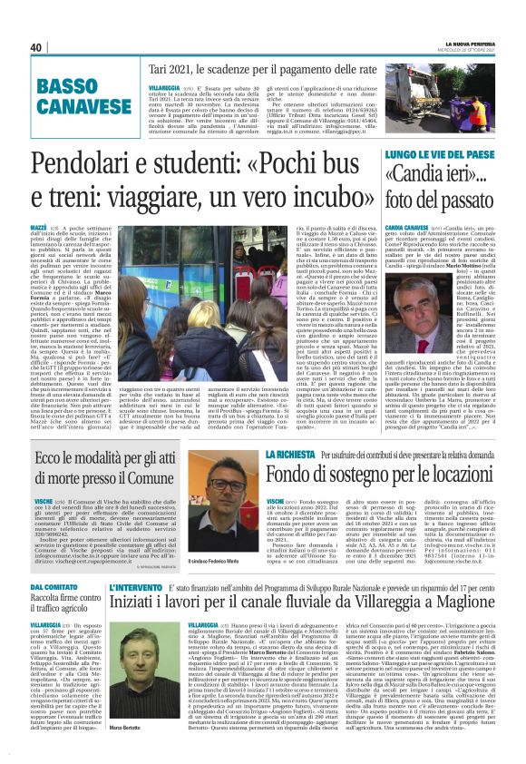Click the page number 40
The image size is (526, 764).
coord(36,47)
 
